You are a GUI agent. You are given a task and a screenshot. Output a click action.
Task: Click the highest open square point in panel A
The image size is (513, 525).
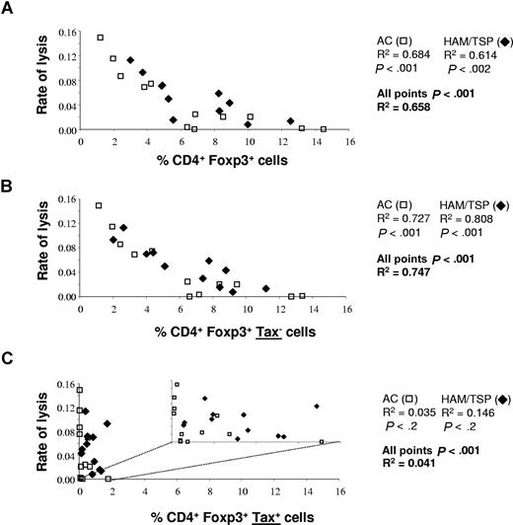click(100, 37)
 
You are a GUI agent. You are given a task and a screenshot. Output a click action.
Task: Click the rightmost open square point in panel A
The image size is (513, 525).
click(324, 129)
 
